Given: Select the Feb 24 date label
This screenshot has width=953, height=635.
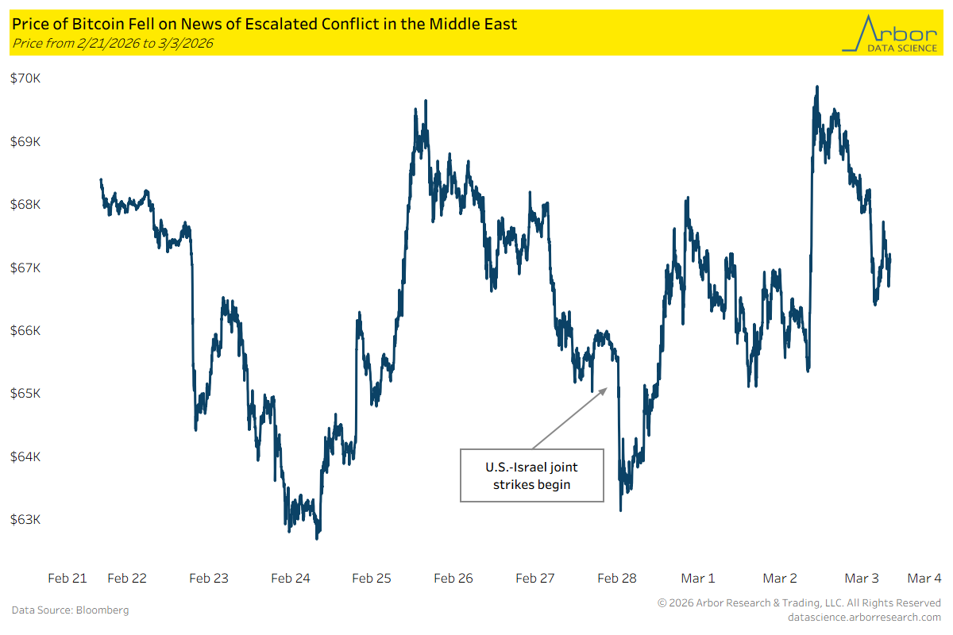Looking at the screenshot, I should tap(291, 578).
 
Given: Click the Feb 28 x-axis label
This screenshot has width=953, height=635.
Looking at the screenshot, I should tap(617, 578).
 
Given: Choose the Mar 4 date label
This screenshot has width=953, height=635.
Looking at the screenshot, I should tap(924, 578).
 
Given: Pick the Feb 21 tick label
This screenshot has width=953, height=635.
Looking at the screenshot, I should tap(68, 578).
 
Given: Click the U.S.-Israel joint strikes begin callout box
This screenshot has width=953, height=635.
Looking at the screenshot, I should tap(531, 475).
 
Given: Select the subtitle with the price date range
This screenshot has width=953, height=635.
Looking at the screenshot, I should tap(112, 43).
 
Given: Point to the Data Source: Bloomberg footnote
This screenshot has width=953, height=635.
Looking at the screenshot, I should tap(70, 610).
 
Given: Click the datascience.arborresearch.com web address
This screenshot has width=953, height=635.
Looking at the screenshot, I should tap(864, 617).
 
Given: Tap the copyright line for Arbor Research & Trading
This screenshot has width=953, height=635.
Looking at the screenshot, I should tap(799, 603).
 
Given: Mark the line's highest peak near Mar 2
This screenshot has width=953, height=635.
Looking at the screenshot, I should tap(816, 87).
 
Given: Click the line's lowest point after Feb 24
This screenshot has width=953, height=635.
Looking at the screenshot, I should tap(317, 539).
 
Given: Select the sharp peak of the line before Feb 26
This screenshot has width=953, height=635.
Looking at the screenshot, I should tap(426, 101).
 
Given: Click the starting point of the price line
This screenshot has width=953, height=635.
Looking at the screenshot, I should tap(101, 180).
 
